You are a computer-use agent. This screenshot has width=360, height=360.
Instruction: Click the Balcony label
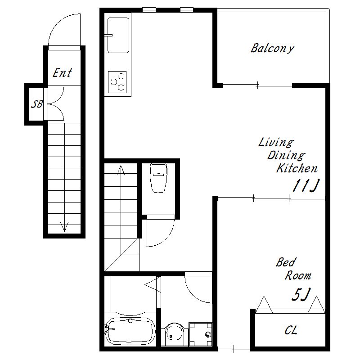pos(272,49)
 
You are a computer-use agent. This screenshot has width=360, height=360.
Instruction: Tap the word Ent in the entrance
pos(62,73)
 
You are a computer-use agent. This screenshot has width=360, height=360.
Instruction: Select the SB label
pos(37,104)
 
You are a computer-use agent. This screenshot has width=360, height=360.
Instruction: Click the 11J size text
pos(306,185)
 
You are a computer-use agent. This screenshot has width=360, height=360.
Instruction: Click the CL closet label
pos(291,330)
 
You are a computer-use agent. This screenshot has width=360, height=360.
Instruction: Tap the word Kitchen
pos(297,168)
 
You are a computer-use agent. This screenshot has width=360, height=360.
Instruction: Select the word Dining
pos(286,156)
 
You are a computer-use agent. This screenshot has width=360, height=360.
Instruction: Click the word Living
pos(276,143)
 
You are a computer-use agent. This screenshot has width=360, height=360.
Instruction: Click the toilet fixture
pos(158,178)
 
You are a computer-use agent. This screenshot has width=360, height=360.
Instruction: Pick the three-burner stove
pos(117,82)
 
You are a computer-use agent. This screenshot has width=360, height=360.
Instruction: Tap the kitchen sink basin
pos(118,36)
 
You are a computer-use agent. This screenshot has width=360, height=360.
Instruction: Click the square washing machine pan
pos(200,334)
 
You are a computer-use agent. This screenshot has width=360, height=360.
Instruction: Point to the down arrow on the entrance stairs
pos(64,226)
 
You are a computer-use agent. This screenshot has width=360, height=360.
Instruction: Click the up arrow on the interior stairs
pos(121,170)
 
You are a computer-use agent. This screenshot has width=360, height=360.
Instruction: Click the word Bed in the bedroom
pos(286,262)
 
